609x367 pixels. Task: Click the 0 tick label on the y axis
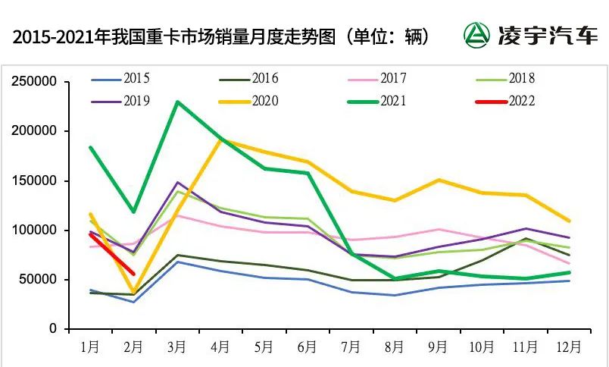click(54, 329)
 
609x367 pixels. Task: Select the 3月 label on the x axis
click(176, 347)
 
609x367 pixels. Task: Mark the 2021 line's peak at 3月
click(177, 102)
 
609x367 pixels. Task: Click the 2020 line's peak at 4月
click(220, 140)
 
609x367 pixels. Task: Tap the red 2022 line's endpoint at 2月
click(134, 274)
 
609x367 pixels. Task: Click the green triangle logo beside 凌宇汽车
click(477, 35)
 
